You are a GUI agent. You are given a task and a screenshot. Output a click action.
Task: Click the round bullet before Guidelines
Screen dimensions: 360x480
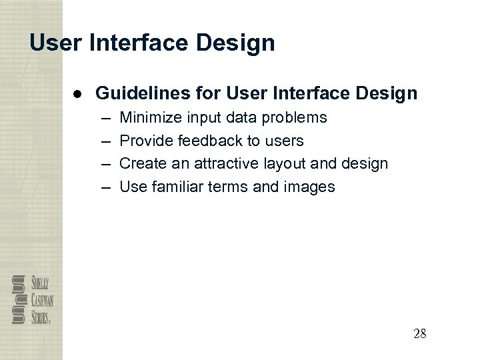tap(77, 93)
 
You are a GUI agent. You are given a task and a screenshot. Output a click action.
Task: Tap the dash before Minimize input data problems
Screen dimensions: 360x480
tap(106, 118)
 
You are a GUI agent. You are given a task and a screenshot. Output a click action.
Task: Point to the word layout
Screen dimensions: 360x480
tap(287, 164)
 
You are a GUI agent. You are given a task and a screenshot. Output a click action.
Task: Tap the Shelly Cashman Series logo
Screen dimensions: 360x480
tap(31, 299)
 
